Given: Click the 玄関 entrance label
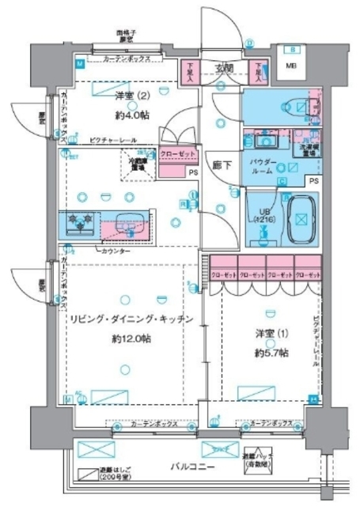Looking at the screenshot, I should click(x=222, y=68).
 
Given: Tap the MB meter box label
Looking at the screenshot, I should click(x=291, y=66).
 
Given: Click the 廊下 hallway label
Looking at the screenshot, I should click(x=221, y=167).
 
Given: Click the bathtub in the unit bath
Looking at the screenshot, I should click(x=301, y=212).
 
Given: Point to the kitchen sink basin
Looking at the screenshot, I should click(x=127, y=224).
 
